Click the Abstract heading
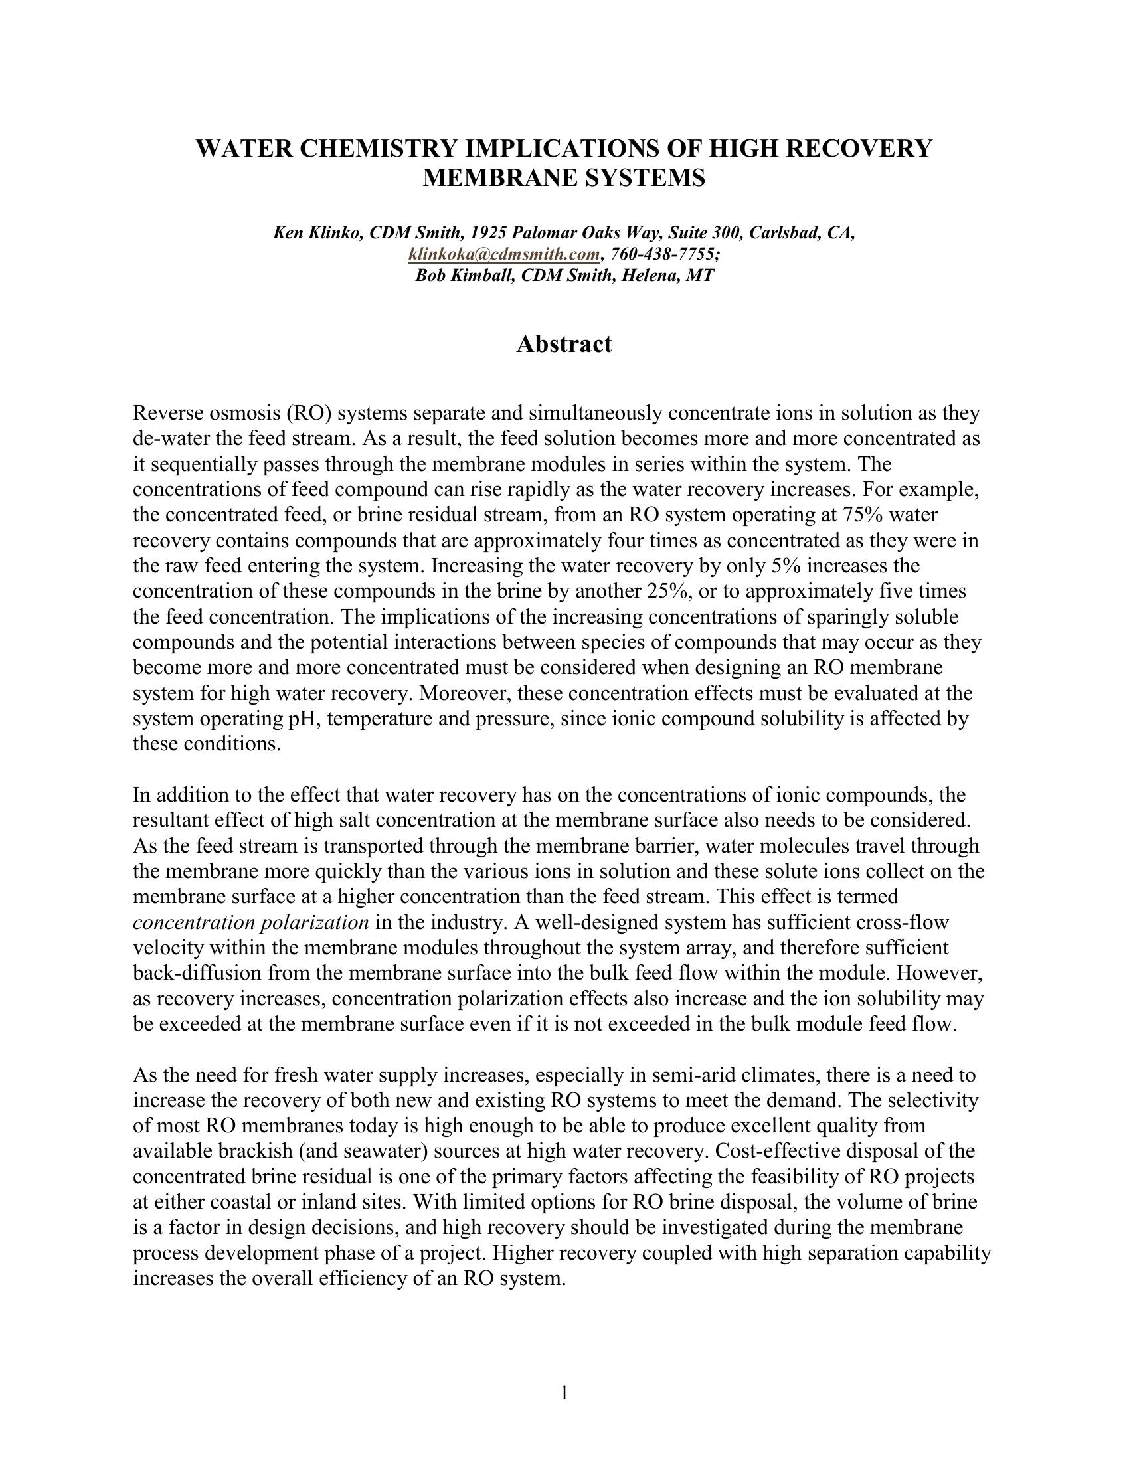coord(564,344)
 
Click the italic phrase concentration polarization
coord(251,922)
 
